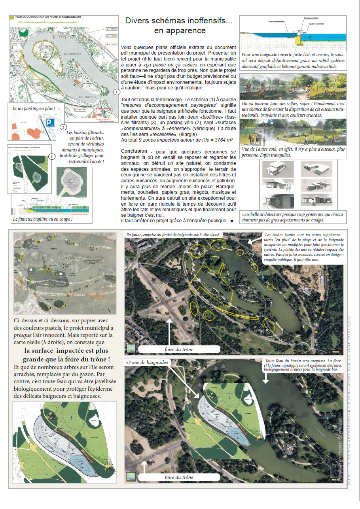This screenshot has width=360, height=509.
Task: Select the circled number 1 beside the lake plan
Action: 116,92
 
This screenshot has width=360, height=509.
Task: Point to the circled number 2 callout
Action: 63,127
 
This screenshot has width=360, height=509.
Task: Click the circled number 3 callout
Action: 51,157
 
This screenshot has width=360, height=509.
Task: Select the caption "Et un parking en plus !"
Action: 34,108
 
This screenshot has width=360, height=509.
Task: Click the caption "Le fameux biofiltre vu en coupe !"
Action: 43,219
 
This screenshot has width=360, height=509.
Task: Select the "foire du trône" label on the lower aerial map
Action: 179,477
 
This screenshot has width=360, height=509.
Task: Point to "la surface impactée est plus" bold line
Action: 66,351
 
